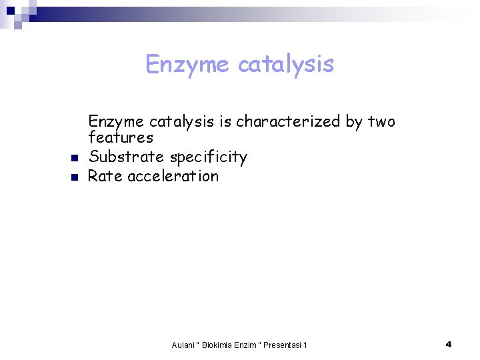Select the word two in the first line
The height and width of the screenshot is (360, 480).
pos(381,121)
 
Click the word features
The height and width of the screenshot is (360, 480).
pos(121,137)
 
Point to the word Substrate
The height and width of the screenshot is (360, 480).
pos(126,157)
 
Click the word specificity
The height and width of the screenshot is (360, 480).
pos(208,157)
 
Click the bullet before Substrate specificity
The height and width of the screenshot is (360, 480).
pos(75,159)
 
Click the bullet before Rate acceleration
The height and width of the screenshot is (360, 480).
pos(75,177)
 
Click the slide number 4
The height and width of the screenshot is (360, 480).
pos(449,344)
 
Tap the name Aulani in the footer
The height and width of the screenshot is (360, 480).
pos(183,345)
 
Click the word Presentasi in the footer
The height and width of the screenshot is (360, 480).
pos(283,345)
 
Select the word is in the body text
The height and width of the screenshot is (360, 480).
pos(225,121)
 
